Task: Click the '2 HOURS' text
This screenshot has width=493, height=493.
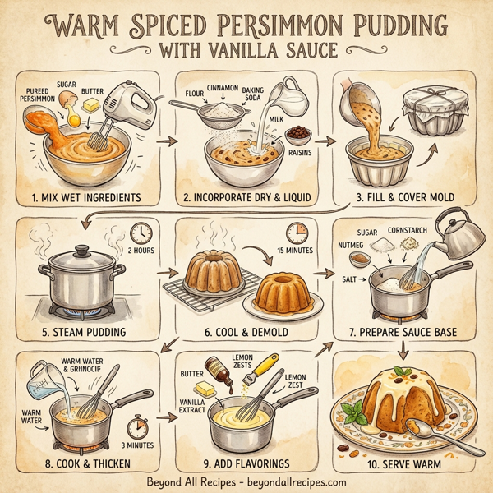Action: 142,251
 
